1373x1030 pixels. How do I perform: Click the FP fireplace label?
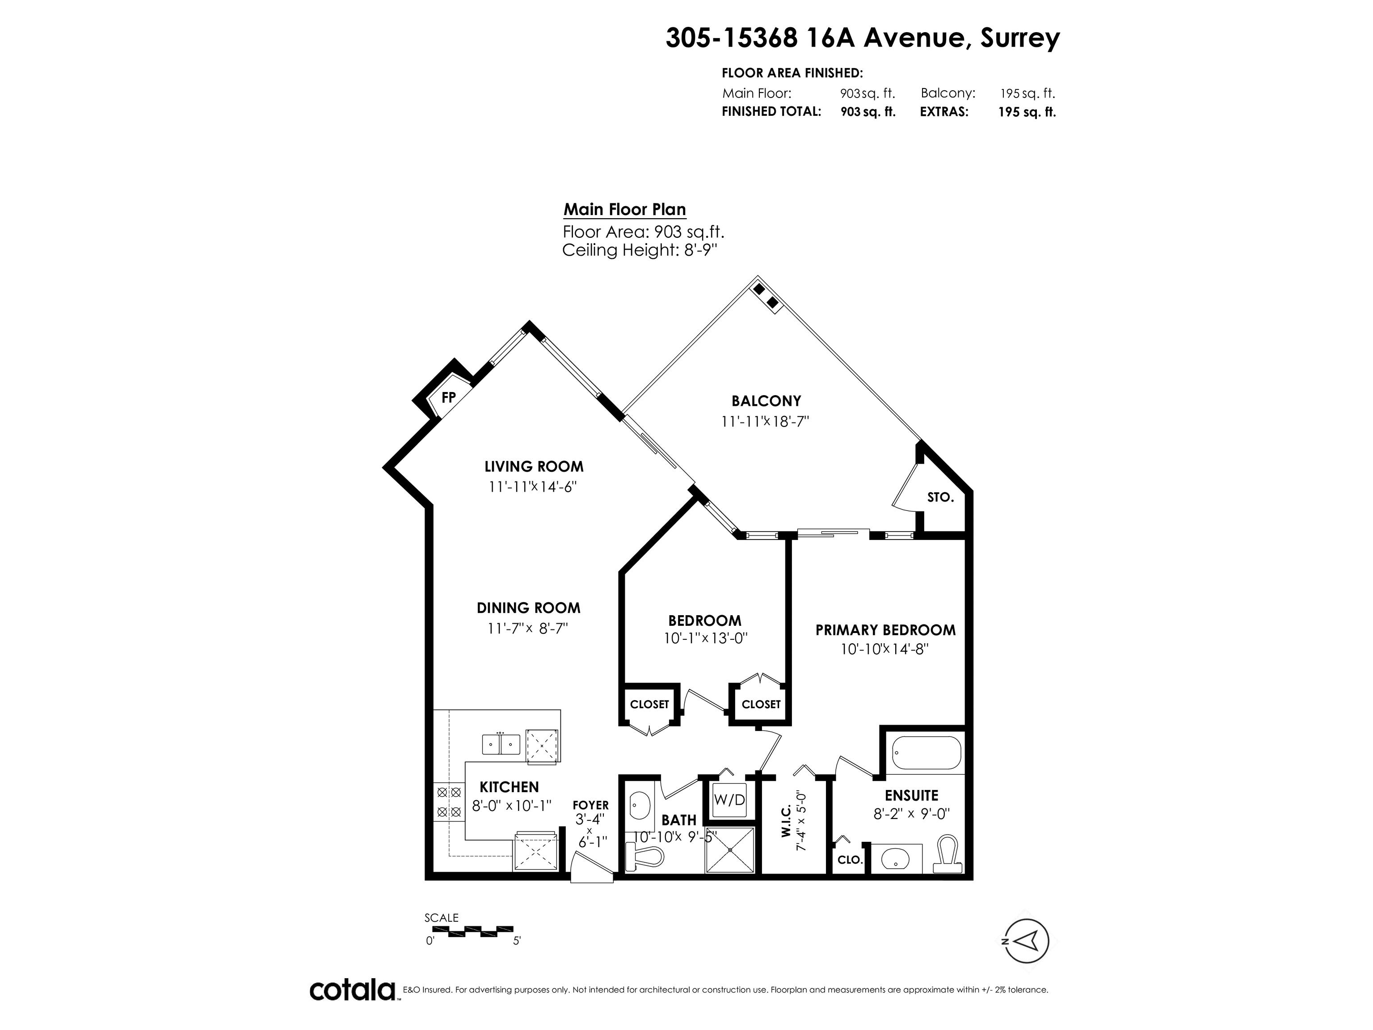coord(448,398)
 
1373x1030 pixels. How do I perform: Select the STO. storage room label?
coord(940,497)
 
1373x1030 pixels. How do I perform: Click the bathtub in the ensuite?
coord(926,753)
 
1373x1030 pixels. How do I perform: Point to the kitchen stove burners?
coord(449,802)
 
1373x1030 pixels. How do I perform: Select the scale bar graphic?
coord(473,931)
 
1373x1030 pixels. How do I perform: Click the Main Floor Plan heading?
coord(624,209)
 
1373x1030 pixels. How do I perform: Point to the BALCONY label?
coord(766,401)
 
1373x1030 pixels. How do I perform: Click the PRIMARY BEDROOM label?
coord(885,630)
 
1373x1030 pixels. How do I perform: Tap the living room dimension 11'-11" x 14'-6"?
coord(533,487)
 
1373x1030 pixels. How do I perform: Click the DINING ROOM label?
coord(528,608)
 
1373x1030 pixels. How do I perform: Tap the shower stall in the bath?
coord(729,849)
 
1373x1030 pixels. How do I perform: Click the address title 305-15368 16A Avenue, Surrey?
coord(863,38)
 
